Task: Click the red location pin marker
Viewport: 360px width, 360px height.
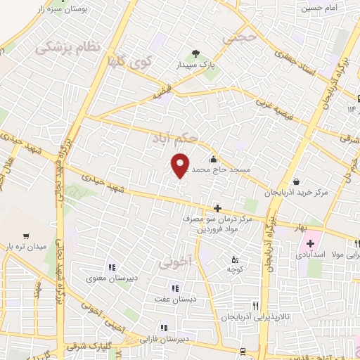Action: pyautogui.click(x=180, y=165)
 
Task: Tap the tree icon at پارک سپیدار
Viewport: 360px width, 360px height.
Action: pyautogui.click(x=196, y=53)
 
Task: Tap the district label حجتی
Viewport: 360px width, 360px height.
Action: pyautogui.click(x=236, y=39)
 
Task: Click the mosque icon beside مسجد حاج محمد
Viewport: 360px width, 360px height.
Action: pyautogui.click(x=214, y=158)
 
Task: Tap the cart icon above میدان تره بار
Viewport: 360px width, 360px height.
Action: pyautogui.click(x=27, y=236)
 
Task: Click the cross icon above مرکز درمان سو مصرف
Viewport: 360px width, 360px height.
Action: pyautogui.click(x=218, y=208)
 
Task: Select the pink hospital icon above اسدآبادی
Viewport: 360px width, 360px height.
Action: pyautogui.click(x=310, y=243)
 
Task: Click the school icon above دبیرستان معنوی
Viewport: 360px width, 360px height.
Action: pyautogui.click(x=112, y=267)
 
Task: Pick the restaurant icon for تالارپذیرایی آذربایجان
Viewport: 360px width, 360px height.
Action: pyautogui.click(x=256, y=306)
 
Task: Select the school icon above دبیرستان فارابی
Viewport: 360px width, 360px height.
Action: pyautogui.click(x=164, y=327)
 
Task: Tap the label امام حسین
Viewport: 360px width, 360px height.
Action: pyautogui.click(x=321, y=8)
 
